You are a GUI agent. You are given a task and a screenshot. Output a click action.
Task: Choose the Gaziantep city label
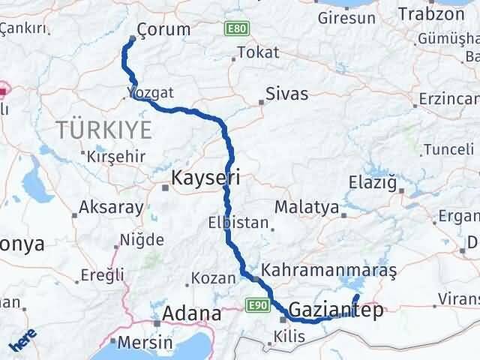point(334,309)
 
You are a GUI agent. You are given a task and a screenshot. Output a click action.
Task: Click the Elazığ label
point(372,181)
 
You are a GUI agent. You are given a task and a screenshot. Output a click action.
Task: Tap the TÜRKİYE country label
point(103,130)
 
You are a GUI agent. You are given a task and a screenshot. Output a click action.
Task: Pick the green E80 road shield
point(235,29)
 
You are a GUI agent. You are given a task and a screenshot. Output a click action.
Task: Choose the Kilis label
point(289,336)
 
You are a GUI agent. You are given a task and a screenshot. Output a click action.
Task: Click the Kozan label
point(214,277)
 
